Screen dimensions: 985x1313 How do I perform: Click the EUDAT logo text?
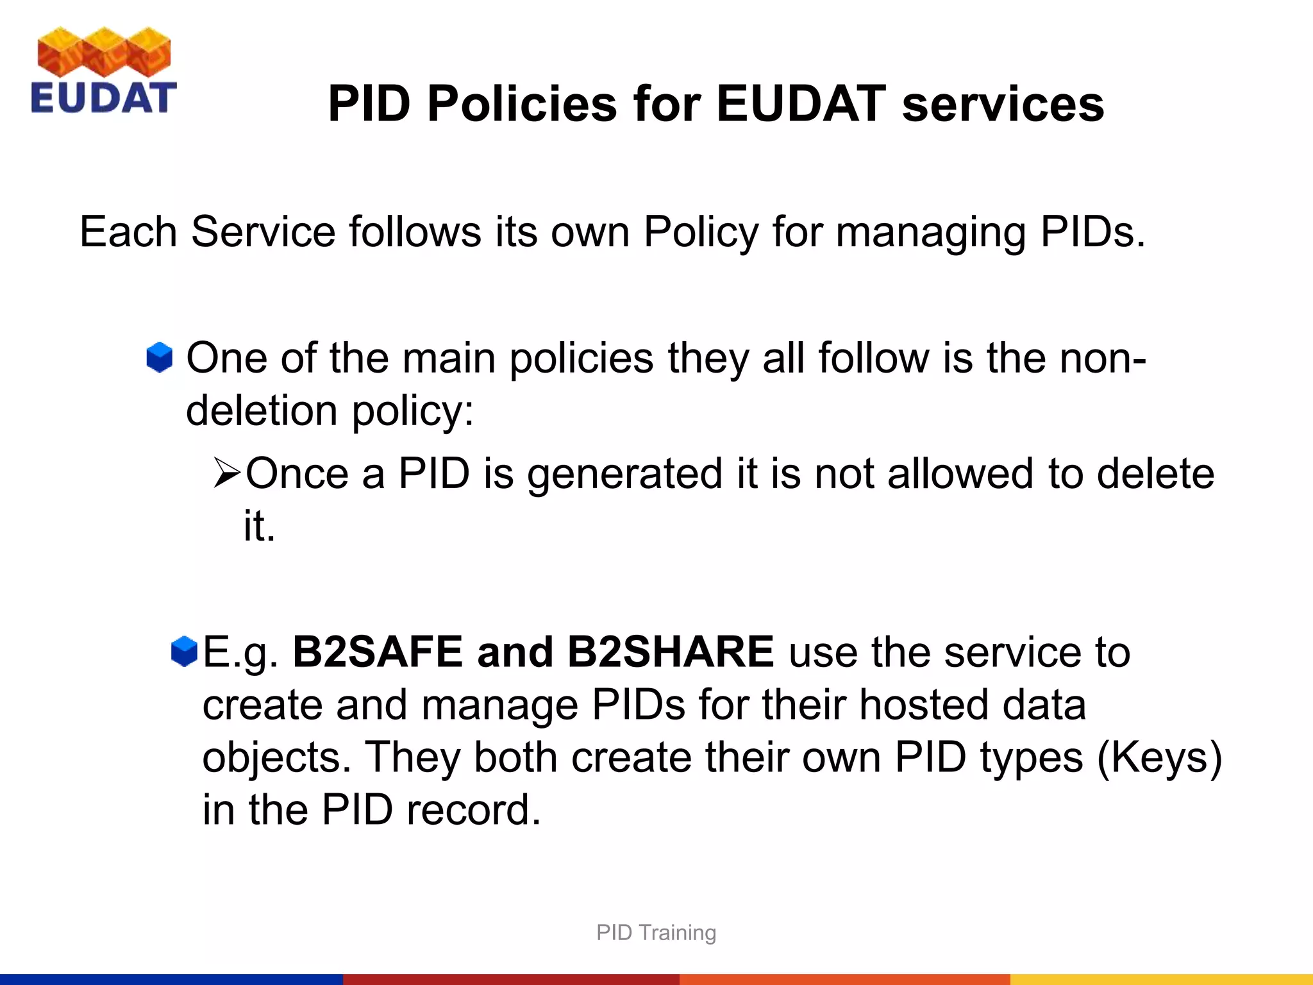[103, 97]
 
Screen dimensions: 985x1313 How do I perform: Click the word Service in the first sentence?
[263, 232]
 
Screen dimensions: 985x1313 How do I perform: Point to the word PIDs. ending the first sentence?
[1092, 232]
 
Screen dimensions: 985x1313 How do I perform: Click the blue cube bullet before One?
[159, 357]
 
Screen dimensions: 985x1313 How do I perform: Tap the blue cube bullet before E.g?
[184, 652]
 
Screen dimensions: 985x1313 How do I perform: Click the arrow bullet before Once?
[226, 474]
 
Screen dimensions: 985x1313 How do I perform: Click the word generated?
[624, 474]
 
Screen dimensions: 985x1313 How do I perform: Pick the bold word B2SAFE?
[378, 652]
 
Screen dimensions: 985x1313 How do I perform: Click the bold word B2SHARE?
[671, 652]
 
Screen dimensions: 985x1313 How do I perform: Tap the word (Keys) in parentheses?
[1160, 757]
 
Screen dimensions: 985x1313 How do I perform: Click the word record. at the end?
[474, 809]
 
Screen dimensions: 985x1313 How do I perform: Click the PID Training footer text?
[656, 932]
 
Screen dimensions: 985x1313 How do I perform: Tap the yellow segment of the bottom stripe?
[1160, 979]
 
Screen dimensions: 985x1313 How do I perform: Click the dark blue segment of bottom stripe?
[171, 979]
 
